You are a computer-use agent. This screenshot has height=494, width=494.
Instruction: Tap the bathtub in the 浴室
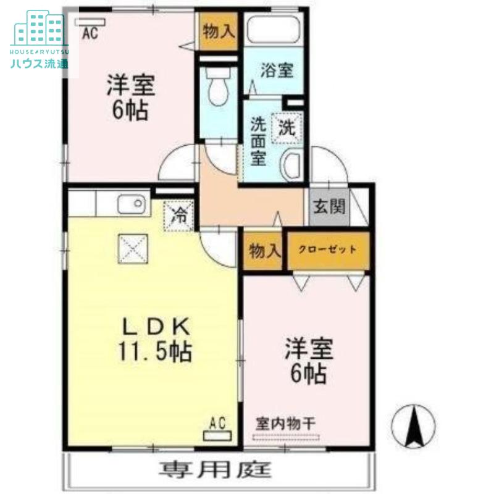click(x=274, y=29)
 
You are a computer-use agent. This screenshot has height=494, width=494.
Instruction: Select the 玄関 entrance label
click(x=329, y=207)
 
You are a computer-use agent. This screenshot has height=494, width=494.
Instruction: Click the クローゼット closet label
click(x=328, y=250)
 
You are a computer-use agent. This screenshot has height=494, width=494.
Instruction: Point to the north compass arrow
click(x=413, y=426)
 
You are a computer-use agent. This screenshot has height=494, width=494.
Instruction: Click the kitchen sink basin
click(x=132, y=204)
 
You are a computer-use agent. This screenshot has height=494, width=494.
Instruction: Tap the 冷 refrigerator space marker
click(x=178, y=216)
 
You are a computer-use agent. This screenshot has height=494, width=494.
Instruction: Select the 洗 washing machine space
click(x=287, y=128)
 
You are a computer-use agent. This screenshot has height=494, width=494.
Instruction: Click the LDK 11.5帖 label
click(x=155, y=339)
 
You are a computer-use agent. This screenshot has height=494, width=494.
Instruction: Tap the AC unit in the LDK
click(x=217, y=436)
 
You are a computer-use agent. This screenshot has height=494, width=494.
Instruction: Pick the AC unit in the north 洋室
click(x=90, y=22)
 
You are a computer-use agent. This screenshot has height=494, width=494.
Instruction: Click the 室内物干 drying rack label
click(x=285, y=424)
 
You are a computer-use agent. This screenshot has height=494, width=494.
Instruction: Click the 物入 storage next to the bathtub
click(x=219, y=31)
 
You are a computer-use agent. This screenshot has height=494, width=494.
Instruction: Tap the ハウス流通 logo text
click(x=40, y=64)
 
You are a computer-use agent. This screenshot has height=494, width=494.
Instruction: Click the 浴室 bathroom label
click(x=277, y=70)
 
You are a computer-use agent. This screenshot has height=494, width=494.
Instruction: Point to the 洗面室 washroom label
click(x=258, y=141)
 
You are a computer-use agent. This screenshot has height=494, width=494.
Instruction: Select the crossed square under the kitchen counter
click(x=133, y=249)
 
